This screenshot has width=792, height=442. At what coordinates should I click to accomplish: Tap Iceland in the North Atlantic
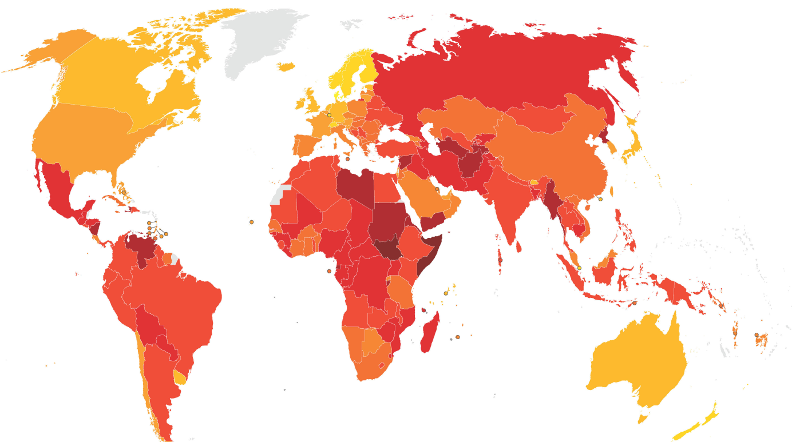point(286,67)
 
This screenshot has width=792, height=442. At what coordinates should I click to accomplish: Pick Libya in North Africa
point(355,186)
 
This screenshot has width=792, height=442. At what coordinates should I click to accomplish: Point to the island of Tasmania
point(643,419)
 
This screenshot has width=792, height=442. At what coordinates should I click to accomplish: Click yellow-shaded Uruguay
point(180,377)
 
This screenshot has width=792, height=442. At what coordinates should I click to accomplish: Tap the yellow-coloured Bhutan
point(534,182)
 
